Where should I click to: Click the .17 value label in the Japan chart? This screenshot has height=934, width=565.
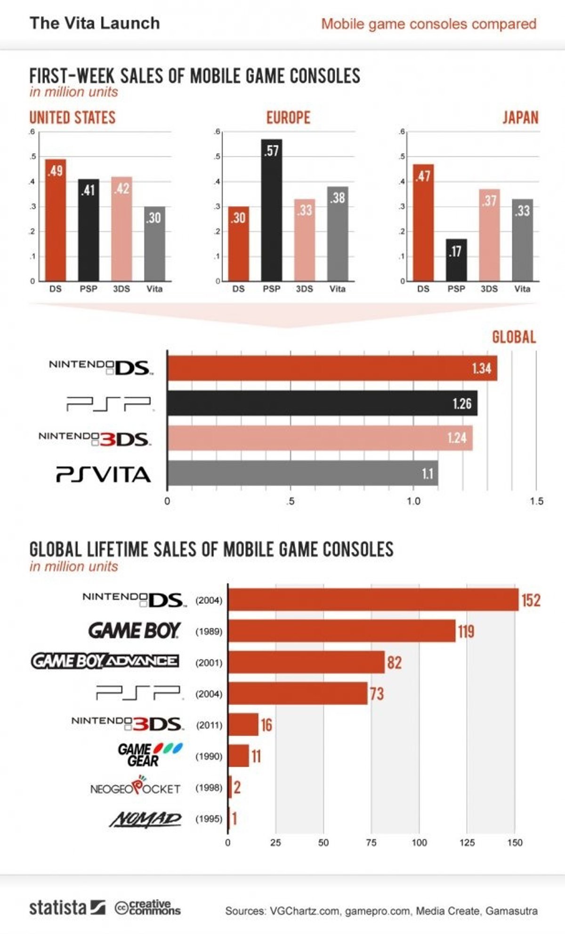[455, 252]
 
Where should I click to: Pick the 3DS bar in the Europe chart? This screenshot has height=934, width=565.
[305, 240]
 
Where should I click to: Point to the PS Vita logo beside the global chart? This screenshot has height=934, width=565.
[104, 474]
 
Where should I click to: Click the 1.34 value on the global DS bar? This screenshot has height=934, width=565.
[481, 368]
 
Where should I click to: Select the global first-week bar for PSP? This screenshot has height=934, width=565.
[322, 403]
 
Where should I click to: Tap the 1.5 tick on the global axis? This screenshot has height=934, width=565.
[536, 501]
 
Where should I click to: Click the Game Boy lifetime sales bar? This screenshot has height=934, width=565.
[341, 631]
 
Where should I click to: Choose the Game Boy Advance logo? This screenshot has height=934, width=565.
[105, 661]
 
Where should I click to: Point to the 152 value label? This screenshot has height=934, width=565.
[531, 601]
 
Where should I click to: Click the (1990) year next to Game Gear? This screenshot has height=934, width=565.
[209, 756]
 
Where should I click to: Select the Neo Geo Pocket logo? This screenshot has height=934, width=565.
[135, 788]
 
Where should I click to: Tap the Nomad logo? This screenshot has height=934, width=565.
[145, 819]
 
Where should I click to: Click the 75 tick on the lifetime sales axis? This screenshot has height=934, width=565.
[371, 843]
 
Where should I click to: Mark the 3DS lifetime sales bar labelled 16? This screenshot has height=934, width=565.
[243, 724]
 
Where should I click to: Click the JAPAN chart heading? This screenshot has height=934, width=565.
[520, 118]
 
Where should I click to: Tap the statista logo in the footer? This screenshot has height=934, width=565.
[67, 908]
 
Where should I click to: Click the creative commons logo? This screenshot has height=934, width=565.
[148, 908]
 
